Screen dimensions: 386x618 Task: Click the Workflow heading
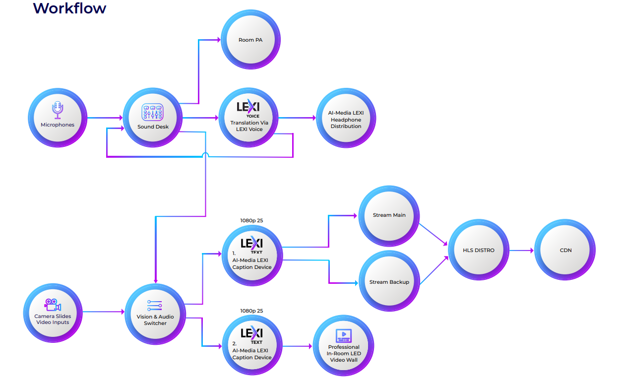(x=69, y=8)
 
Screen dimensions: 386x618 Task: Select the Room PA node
(x=250, y=40)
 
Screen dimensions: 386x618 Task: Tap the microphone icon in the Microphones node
(x=58, y=111)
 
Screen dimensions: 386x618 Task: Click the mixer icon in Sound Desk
(x=153, y=113)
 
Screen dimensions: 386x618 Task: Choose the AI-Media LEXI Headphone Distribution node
(x=346, y=119)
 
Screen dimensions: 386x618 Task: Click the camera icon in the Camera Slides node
(x=53, y=305)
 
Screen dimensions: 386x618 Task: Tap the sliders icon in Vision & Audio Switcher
(x=155, y=306)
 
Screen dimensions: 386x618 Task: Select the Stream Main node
(x=389, y=215)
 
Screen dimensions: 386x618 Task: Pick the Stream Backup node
(x=389, y=282)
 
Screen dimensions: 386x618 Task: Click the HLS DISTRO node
(x=478, y=250)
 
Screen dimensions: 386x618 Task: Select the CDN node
(x=565, y=250)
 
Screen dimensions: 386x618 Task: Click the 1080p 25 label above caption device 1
(x=251, y=220)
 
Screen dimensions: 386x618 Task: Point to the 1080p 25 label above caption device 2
(x=251, y=311)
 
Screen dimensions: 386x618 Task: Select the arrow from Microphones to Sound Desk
(x=105, y=118)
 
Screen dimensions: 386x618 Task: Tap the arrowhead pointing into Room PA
(x=218, y=40)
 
